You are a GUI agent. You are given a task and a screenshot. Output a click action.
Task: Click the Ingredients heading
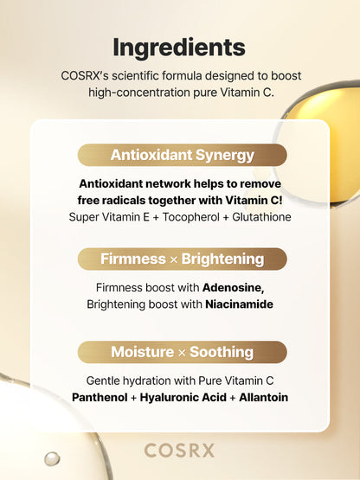click(x=179, y=47)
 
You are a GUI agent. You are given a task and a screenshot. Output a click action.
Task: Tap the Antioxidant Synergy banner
click(x=182, y=156)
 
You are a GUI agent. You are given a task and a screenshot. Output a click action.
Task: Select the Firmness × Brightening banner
click(x=182, y=259)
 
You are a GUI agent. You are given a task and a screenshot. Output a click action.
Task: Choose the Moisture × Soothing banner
click(x=182, y=352)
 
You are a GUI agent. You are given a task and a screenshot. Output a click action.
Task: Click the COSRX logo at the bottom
click(x=179, y=450)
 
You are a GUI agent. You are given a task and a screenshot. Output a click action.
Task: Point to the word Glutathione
click(x=257, y=217)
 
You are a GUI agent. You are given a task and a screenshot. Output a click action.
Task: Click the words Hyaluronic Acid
click(x=180, y=398)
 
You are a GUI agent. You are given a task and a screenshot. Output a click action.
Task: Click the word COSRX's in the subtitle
click(x=87, y=76)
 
